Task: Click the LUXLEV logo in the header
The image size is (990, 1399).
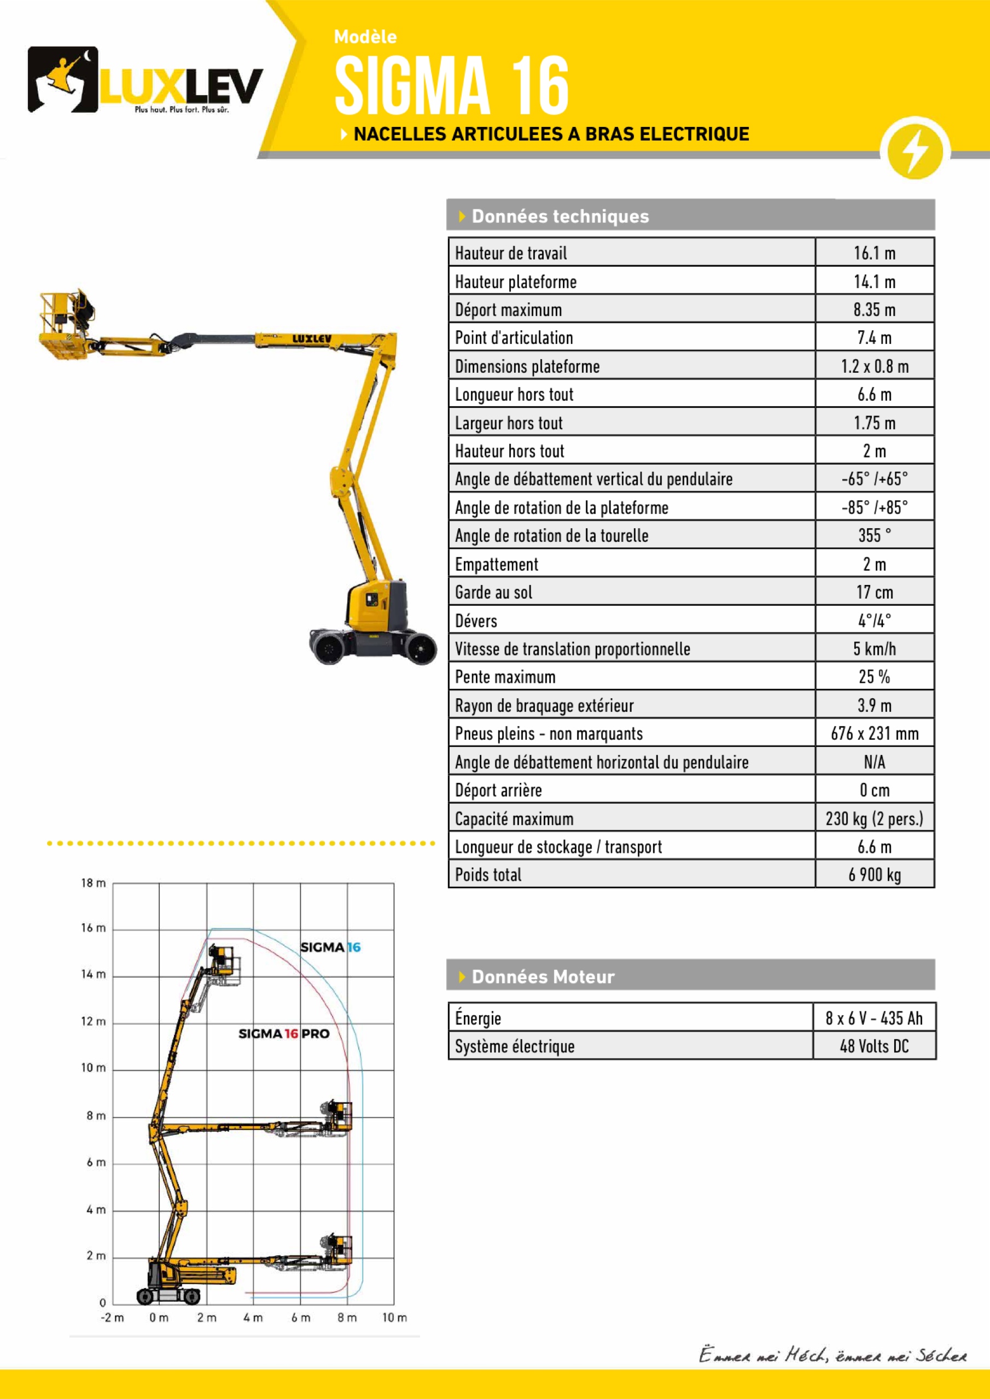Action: [145, 80]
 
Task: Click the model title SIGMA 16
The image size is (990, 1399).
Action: [452, 85]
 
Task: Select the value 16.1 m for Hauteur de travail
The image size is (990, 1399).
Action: [874, 253]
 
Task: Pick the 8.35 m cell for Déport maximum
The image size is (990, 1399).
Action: [874, 309]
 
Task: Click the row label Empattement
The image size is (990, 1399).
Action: [497, 564]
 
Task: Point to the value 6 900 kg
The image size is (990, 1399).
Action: [874, 874]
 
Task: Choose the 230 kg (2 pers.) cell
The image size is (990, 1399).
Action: [874, 818]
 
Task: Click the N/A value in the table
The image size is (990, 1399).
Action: [874, 762]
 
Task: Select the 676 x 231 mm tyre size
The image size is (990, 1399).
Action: [874, 734]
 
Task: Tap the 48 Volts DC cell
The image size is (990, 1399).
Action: [874, 1046]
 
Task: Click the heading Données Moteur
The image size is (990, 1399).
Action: [543, 977]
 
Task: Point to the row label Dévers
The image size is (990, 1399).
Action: [476, 621]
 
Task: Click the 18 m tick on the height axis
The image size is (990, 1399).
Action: [94, 883]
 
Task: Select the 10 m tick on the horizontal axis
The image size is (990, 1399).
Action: [394, 1318]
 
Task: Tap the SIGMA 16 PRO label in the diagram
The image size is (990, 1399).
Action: [283, 1034]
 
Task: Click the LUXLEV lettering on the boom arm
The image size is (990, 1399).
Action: [312, 338]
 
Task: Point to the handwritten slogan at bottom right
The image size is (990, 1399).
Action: [832, 1355]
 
